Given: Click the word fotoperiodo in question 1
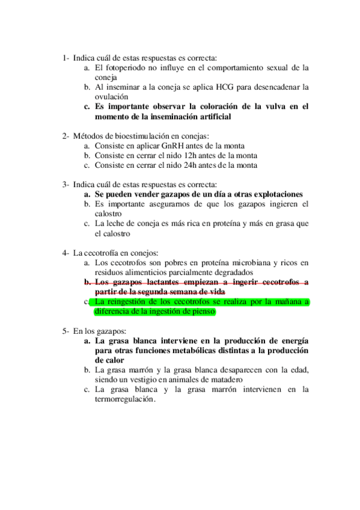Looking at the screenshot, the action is [125, 68].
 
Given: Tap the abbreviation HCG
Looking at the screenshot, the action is [223, 87].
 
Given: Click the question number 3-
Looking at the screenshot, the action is [66, 184].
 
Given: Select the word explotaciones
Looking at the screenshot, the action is [275, 194].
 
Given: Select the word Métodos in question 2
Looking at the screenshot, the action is [87, 136].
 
